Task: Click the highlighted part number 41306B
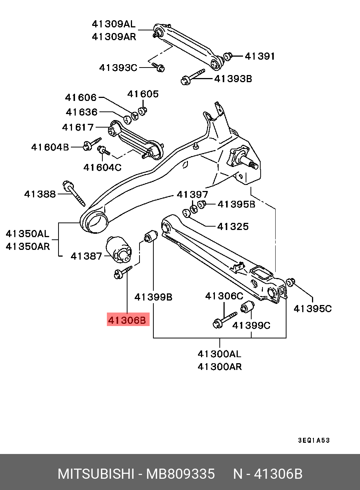127,320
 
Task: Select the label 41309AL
113,24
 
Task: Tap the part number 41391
259,56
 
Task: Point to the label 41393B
233,79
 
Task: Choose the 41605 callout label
143,94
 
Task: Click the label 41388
40,194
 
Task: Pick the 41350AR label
28,247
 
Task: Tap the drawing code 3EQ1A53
314,440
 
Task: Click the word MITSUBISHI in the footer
96,474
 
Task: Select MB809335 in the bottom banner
180,474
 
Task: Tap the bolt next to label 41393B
193,76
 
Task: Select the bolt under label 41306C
224,319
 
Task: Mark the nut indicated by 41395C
290,282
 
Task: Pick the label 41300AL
219,354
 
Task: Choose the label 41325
233,227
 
